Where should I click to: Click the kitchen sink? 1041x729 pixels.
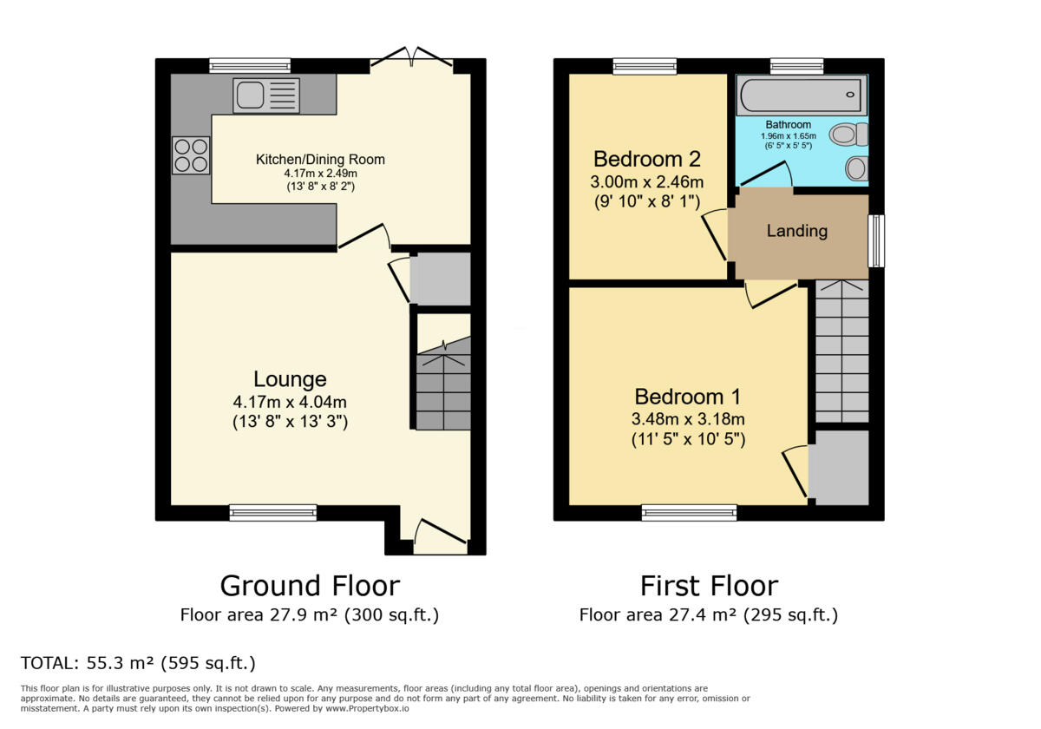265,95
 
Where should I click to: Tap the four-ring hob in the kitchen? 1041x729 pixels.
191,155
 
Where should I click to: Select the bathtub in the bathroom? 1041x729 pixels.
801,95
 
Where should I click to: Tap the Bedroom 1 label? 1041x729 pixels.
687,397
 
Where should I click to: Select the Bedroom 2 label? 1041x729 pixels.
646,159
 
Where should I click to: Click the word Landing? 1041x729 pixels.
796,231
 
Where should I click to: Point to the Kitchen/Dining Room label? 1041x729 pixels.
320,160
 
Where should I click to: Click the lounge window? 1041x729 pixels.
273,513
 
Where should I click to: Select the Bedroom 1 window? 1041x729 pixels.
689,513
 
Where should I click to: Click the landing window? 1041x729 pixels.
876,240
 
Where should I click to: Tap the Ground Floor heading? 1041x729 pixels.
310,586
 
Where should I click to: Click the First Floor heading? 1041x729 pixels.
709,586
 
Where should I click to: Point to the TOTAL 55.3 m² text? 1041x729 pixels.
138,664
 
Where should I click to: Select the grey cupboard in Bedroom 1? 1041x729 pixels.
839,467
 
